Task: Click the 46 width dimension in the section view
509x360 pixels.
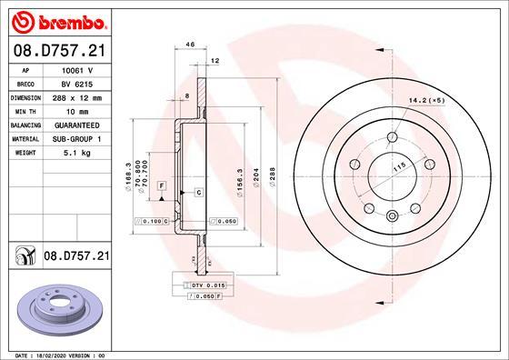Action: [x=190, y=44]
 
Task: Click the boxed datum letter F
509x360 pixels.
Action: [x=162, y=185]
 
